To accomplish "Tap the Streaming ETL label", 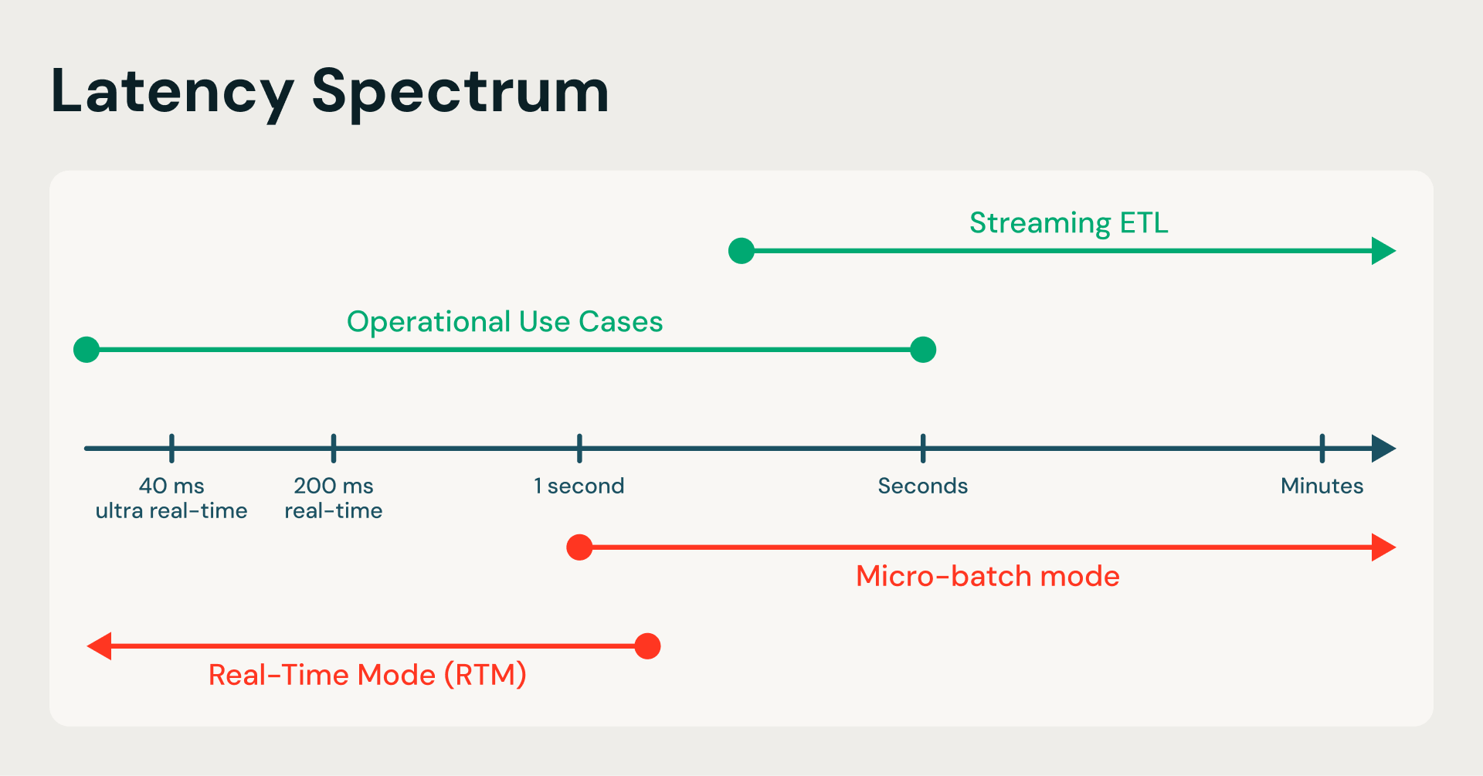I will click(x=1068, y=223).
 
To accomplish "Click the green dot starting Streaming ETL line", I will click(x=741, y=251).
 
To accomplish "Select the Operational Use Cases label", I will click(x=504, y=322).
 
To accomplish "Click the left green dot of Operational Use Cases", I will click(x=87, y=350).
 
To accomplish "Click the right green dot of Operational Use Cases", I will click(x=923, y=350).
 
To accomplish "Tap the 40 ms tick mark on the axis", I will click(x=171, y=448).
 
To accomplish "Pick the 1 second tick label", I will click(x=579, y=486).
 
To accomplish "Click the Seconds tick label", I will click(x=922, y=486).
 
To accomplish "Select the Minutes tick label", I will click(x=1322, y=486).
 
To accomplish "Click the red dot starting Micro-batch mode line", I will click(x=579, y=547).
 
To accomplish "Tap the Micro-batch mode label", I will click(x=987, y=577).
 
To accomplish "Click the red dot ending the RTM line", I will click(x=647, y=646).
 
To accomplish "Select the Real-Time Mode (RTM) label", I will click(x=368, y=676).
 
